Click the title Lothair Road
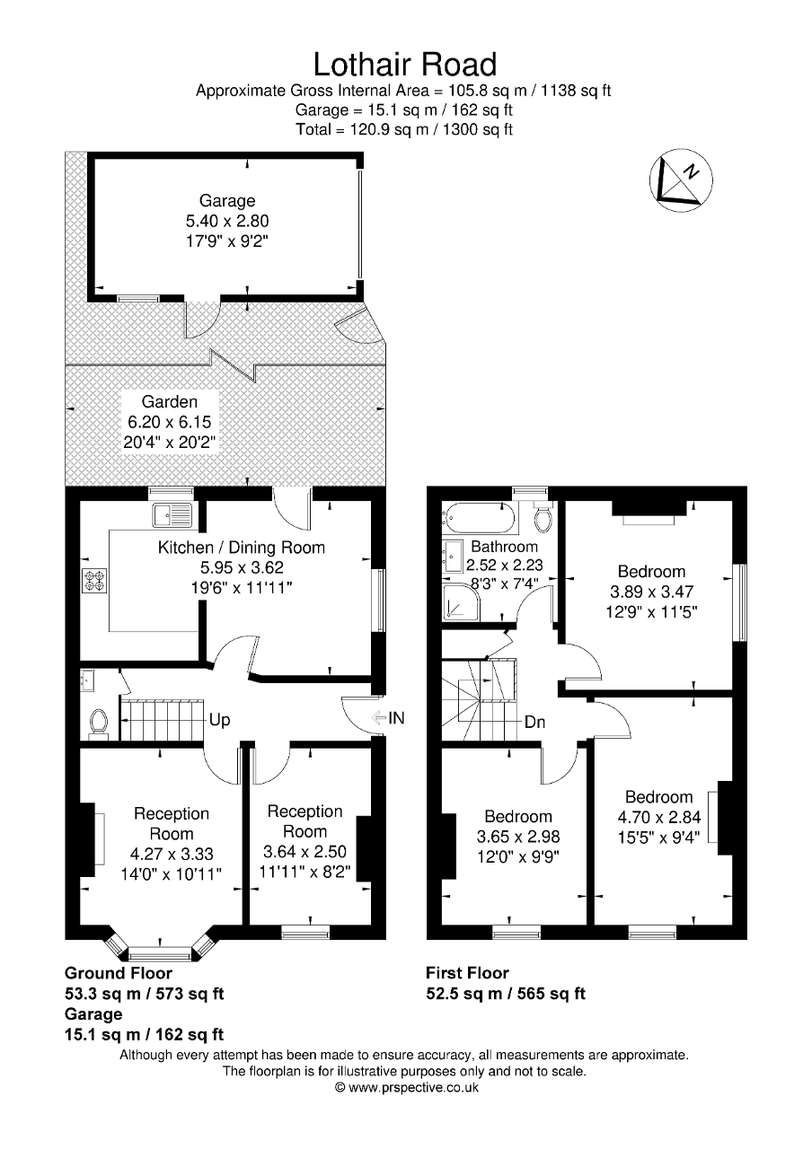404,65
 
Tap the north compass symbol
680,178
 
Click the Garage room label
227,201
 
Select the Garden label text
169,402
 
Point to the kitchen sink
172,515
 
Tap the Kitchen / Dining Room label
242,547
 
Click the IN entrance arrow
388,717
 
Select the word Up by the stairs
219,720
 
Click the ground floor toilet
98,722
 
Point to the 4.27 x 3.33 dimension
172,854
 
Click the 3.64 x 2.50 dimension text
304,852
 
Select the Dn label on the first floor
534,723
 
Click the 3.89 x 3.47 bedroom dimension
651,592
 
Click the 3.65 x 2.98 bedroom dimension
518,837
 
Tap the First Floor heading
467,973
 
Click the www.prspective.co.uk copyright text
406,1087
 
